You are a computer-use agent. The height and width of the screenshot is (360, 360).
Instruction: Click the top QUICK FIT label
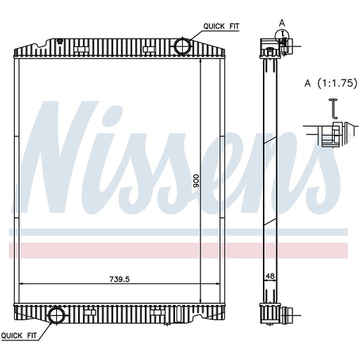221,26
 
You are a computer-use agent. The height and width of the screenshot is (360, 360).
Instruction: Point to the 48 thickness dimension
270,277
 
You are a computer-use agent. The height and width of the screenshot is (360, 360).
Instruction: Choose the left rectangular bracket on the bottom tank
89,310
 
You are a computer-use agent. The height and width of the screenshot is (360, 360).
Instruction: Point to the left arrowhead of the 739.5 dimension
20,283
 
